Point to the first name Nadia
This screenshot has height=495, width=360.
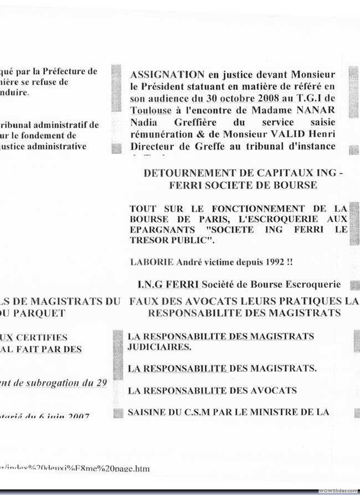(x=142, y=123)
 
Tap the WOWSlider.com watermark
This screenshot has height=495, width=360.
(x=338, y=490)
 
